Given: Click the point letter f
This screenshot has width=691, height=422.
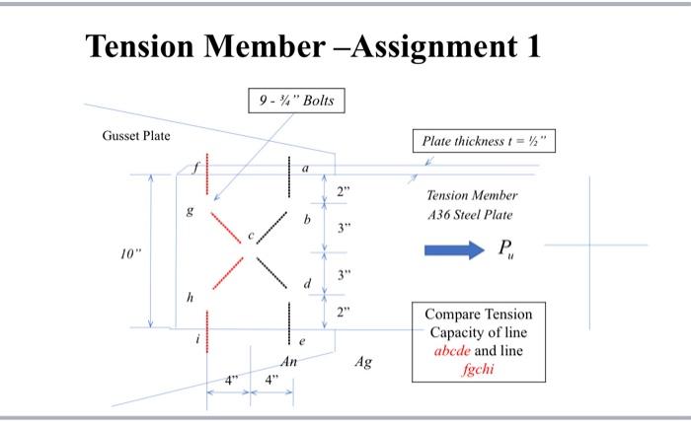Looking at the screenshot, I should pos(195,167).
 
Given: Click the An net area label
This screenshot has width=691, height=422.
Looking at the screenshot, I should pos(287,363).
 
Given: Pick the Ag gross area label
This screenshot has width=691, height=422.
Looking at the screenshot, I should pos(364,363).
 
